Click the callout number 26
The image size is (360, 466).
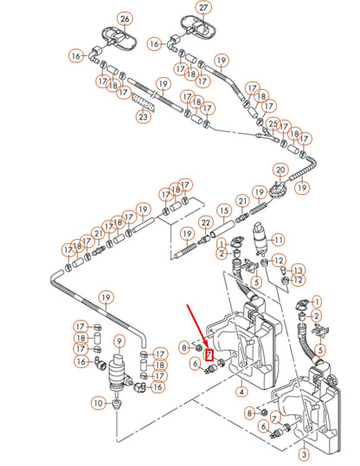[125, 19]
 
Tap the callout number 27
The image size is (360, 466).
[203, 8]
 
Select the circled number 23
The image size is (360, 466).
[143, 116]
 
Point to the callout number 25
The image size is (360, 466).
[273, 124]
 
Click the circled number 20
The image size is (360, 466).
[280, 171]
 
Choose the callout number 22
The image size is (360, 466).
[206, 223]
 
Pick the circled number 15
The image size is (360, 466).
[224, 210]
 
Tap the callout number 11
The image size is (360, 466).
[279, 240]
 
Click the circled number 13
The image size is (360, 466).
[298, 270]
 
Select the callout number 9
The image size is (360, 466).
[119, 342]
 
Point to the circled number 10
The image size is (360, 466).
[99, 404]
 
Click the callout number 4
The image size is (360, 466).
[241, 392]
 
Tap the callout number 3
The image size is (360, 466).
[304, 454]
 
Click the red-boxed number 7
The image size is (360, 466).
[209, 354]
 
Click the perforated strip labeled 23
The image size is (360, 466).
[143, 101]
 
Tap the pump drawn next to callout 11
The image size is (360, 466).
[260, 240]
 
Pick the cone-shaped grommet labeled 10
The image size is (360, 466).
[118, 405]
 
